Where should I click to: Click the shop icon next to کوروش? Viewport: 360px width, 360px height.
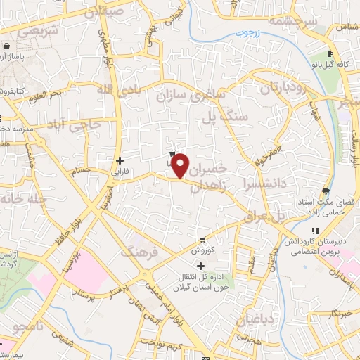click(202, 240)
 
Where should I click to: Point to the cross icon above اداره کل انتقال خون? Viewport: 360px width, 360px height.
click(202, 266)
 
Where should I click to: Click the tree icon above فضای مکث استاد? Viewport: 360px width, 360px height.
click(324, 191)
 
